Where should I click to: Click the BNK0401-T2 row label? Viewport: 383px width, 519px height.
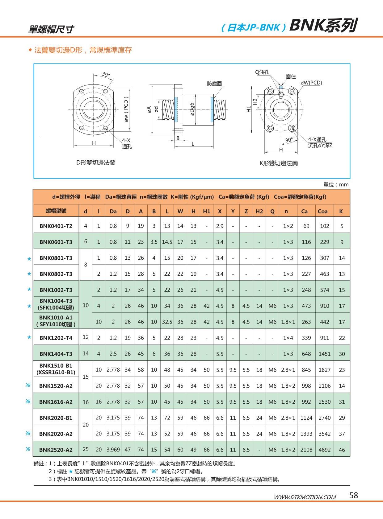click(x=56, y=226)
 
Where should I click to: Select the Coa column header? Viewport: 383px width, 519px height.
click(x=323, y=211)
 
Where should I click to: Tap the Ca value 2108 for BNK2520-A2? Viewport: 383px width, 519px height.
click(x=306, y=450)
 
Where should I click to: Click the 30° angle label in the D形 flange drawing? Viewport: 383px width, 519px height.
click(x=106, y=75)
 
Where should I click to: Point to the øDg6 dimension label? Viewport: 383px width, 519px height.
click(x=192, y=109)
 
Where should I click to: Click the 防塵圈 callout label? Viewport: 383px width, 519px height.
click(x=214, y=84)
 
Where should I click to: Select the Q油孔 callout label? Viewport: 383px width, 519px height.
click(x=262, y=72)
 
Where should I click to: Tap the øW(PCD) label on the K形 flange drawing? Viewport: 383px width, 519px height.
click(x=311, y=83)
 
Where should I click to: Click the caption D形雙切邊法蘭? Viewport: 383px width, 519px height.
click(x=96, y=163)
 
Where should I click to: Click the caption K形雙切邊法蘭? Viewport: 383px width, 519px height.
click(x=279, y=163)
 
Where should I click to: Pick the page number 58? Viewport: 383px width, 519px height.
click(x=354, y=495)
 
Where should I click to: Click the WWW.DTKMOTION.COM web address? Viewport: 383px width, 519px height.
click(x=305, y=497)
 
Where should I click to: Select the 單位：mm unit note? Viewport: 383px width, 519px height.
click(x=336, y=184)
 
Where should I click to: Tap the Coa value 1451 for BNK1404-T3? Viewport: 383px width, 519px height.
click(x=324, y=354)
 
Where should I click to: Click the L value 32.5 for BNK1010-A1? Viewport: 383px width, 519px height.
click(x=167, y=322)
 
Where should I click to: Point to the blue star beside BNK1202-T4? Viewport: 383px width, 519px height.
click(x=29, y=337)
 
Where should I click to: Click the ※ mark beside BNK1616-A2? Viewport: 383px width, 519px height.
click(x=28, y=401)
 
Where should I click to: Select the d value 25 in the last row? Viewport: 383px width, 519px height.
click(x=86, y=449)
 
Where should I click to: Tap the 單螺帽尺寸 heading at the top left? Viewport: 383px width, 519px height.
click(x=51, y=29)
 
